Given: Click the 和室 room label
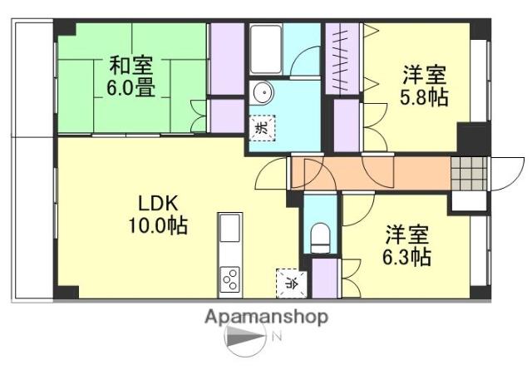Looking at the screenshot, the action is coord(131,66).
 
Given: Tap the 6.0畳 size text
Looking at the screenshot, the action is coord(131,88).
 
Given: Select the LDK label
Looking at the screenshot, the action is coord(158,204).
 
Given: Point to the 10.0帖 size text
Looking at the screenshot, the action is coord(158,225).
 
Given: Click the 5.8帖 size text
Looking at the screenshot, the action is coord(424,97).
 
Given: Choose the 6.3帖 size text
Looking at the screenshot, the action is coord(407,258).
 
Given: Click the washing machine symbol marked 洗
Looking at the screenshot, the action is coord(262,128).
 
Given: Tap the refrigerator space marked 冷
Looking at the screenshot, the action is coord(292,283).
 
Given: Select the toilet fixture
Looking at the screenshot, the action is coord(320,238).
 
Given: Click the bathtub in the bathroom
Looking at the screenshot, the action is coord(266,49).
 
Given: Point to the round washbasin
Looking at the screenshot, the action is coord(263,92).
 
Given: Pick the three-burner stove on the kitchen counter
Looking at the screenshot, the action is coord(230,279).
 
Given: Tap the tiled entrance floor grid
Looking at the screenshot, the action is coord(469,174).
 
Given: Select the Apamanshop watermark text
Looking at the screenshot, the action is coord(266,317).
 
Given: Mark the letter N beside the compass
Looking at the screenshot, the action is coord(278,337).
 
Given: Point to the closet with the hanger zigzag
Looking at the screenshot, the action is coord(342,58).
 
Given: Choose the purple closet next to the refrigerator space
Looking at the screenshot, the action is coord(325,279).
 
